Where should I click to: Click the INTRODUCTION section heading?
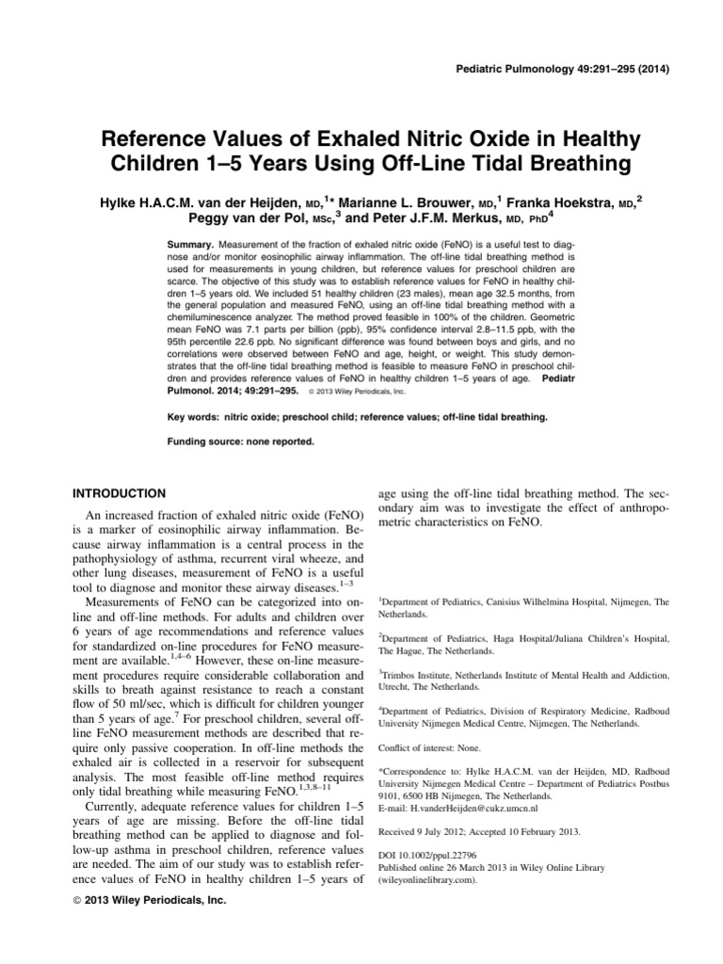pos(120,493)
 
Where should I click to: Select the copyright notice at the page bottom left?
pos(150,900)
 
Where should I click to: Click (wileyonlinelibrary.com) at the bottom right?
pos(428,881)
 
